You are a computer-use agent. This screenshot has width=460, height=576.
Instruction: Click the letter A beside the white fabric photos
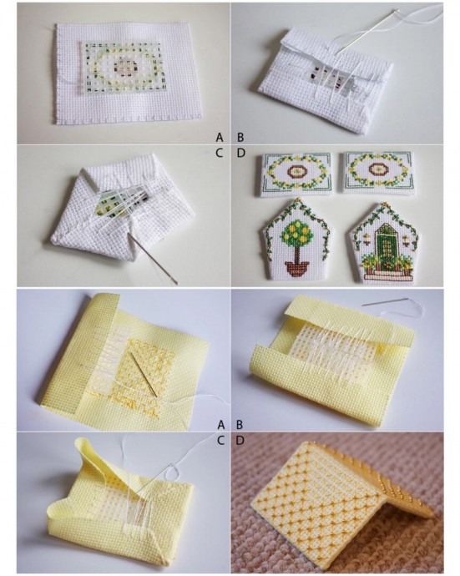(x=220, y=138)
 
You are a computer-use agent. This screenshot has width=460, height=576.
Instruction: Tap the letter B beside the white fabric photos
(x=240, y=138)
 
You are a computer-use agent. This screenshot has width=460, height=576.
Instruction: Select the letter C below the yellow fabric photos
(x=220, y=441)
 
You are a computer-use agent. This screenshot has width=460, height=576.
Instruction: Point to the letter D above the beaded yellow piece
(x=240, y=441)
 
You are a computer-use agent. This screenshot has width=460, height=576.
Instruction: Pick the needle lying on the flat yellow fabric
(x=144, y=375)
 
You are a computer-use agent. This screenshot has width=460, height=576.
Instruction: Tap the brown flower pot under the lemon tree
(x=297, y=268)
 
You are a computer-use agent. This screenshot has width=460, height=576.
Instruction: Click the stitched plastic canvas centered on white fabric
(x=120, y=68)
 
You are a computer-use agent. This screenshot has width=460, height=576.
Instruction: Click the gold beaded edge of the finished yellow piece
(x=390, y=478)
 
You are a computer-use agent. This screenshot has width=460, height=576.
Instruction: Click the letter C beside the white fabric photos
(x=220, y=154)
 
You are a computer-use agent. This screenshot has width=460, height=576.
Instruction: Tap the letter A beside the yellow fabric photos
(x=220, y=425)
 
